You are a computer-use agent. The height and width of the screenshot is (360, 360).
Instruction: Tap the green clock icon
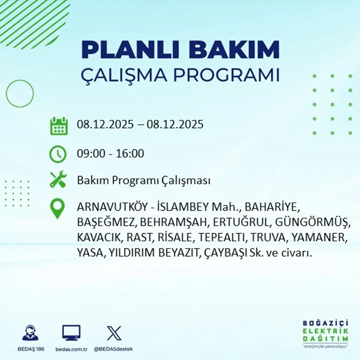(58, 154)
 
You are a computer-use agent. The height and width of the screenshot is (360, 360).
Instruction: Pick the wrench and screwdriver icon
(58, 180)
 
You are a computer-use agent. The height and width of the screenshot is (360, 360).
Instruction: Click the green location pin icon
(57, 208)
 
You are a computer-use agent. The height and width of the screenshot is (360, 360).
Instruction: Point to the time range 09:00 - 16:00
(110, 154)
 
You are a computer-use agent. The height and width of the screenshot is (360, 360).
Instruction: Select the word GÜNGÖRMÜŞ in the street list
(312, 223)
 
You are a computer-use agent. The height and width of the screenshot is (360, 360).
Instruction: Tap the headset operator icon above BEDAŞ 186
(30, 333)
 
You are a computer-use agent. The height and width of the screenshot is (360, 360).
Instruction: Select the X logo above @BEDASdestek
(114, 333)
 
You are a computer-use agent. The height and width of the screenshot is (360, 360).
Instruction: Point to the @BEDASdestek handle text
(113, 349)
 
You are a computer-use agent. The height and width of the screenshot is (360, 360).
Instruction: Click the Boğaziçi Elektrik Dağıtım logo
(326, 333)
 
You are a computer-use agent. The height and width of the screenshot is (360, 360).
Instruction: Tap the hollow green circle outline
(20, 94)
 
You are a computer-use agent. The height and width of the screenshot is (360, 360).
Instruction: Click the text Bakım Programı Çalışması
(144, 180)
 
